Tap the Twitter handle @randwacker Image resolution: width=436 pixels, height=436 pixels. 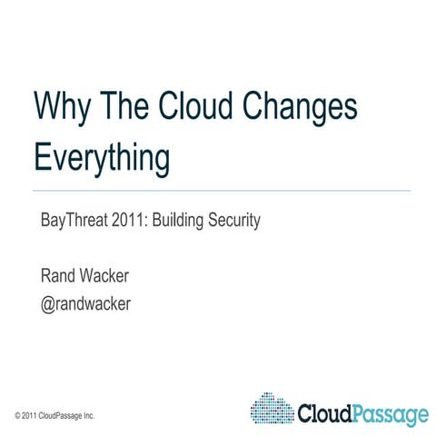click(x=86, y=303)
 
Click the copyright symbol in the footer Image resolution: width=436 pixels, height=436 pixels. click(x=18, y=415)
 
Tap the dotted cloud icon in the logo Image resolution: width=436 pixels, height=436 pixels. click(x=271, y=409)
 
